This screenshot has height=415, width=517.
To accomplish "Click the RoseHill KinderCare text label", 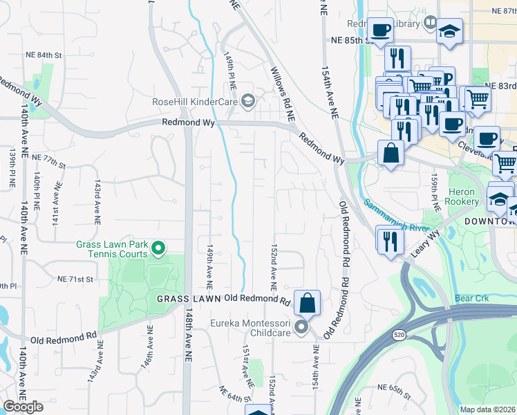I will (196, 102).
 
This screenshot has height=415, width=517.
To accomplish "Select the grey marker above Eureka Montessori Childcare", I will (301, 326).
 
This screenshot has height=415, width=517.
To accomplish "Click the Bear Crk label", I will (472, 299).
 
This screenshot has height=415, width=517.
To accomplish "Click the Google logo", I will (23, 407).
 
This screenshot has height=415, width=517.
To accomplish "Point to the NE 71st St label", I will (75, 279).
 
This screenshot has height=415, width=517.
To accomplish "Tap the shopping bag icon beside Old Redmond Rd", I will (307, 302).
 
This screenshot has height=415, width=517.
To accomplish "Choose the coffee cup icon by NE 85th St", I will (380, 30).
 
